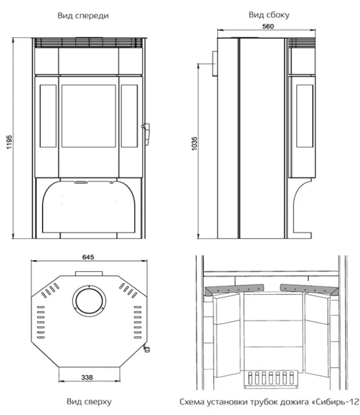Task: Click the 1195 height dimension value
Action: pos(9,142)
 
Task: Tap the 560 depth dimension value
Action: pos(268,26)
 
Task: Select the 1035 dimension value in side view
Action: pos(194,144)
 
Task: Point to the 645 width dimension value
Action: pos(88,257)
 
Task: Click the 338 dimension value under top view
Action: pos(87,377)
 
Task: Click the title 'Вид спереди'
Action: pos(83,16)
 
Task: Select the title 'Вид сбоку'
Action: pos(269,15)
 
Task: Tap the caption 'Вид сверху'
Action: pos(89,401)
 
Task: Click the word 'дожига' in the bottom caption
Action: pos(296,402)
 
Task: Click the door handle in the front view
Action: pos(146,134)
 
